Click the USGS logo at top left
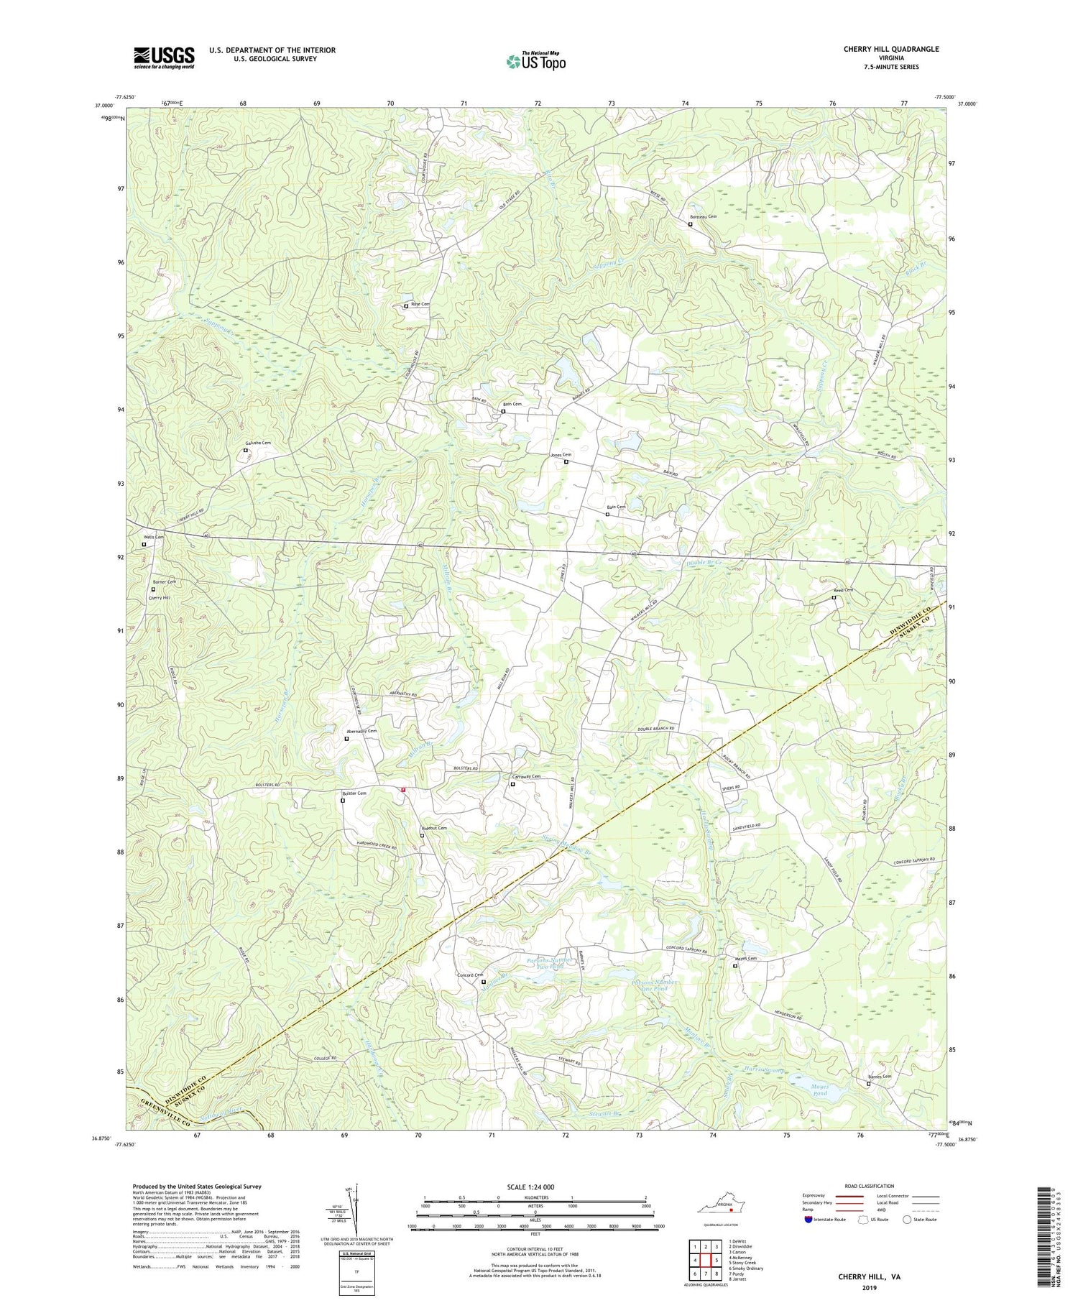tap(164, 57)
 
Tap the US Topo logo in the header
tap(535, 62)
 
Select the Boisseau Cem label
tap(703, 216)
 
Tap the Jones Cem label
tap(561, 455)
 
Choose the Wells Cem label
tap(153, 537)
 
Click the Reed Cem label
tap(843, 590)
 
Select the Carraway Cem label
tap(525, 777)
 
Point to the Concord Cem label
tap(471, 975)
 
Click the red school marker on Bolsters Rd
tap(404, 789)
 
